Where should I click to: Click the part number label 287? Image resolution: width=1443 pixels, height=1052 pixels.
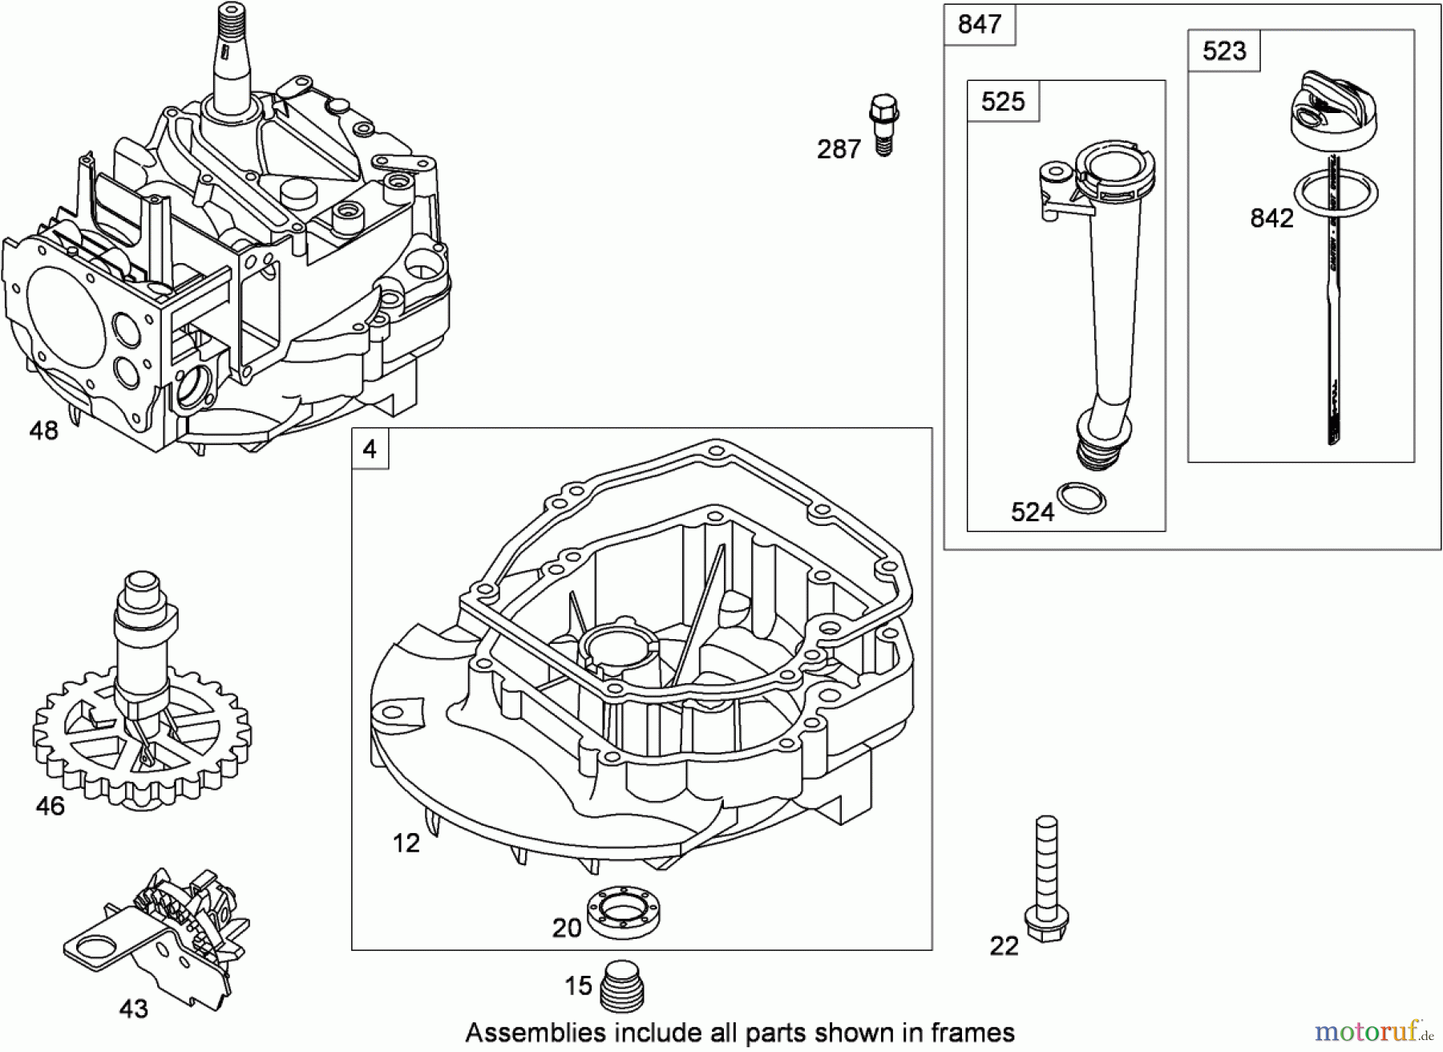(x=839, y=149)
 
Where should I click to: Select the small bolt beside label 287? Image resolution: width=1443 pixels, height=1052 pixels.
(x=883, y=124)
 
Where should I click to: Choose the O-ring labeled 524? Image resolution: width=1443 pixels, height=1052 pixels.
(x=1081, y=498)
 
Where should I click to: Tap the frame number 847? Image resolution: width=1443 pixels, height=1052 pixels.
(x=979, y=24)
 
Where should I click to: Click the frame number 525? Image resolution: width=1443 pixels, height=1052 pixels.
(x=1003, y=101)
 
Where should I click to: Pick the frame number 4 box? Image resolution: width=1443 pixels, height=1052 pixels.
(x=370, y=448)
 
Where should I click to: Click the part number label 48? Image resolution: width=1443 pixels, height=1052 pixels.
(x=44, y=431)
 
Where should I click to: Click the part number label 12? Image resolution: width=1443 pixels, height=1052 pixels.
(x=406, y=843)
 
